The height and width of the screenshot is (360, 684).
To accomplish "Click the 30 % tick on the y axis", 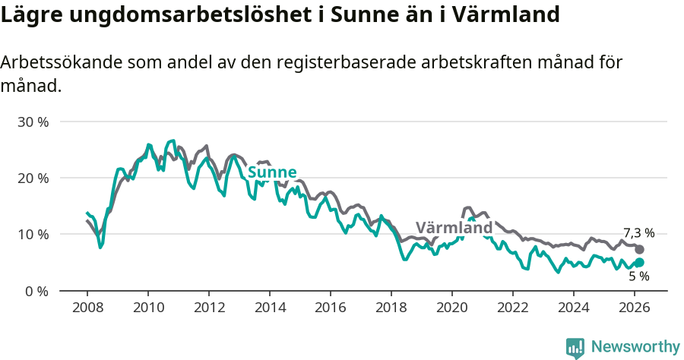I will [33, 122].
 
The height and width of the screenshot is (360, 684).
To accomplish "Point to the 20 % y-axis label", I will [33, 178].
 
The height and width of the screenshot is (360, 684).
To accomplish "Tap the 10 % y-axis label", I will [33, 234].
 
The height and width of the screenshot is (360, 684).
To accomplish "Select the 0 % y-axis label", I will [36, 291].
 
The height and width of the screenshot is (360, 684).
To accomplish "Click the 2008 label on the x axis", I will [87, 308].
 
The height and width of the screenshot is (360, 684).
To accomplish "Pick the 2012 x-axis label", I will [208, 308].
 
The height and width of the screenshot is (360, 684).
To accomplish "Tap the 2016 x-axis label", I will [330, 308].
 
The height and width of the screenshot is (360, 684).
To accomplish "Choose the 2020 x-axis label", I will [451, 308].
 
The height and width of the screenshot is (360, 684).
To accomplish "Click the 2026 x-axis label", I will [634, 308].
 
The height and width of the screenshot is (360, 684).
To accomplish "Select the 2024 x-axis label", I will [573, 308].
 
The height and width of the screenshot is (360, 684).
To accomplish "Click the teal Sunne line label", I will [271, 172].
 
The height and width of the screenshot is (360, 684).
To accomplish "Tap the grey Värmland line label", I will [454, 228].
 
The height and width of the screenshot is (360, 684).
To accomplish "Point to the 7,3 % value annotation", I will [638, 233].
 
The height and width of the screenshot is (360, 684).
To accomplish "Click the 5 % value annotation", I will [638, 276].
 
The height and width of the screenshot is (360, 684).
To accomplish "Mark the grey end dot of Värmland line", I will [639, 249].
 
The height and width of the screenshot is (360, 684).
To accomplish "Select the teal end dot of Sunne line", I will [639, 263].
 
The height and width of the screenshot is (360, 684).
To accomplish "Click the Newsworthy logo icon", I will [575, 347].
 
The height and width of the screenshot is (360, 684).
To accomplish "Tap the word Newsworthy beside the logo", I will [635, 347].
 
